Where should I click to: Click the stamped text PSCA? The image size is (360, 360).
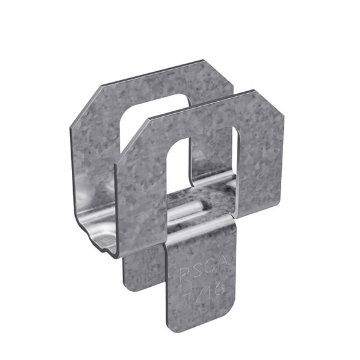click(199, 272)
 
